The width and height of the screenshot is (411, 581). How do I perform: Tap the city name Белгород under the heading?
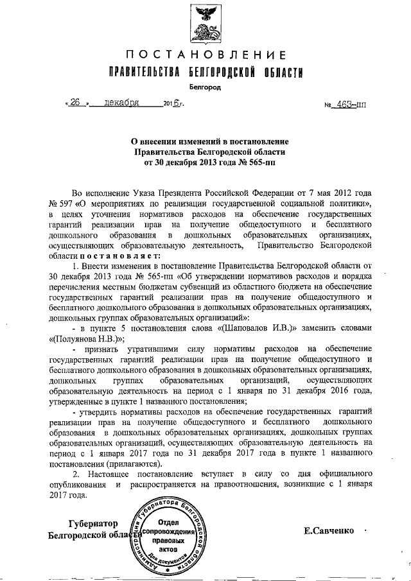coord(204,86)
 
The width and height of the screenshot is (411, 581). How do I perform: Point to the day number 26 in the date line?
coord(76,103)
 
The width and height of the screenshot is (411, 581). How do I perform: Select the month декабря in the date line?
coord(125,103)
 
